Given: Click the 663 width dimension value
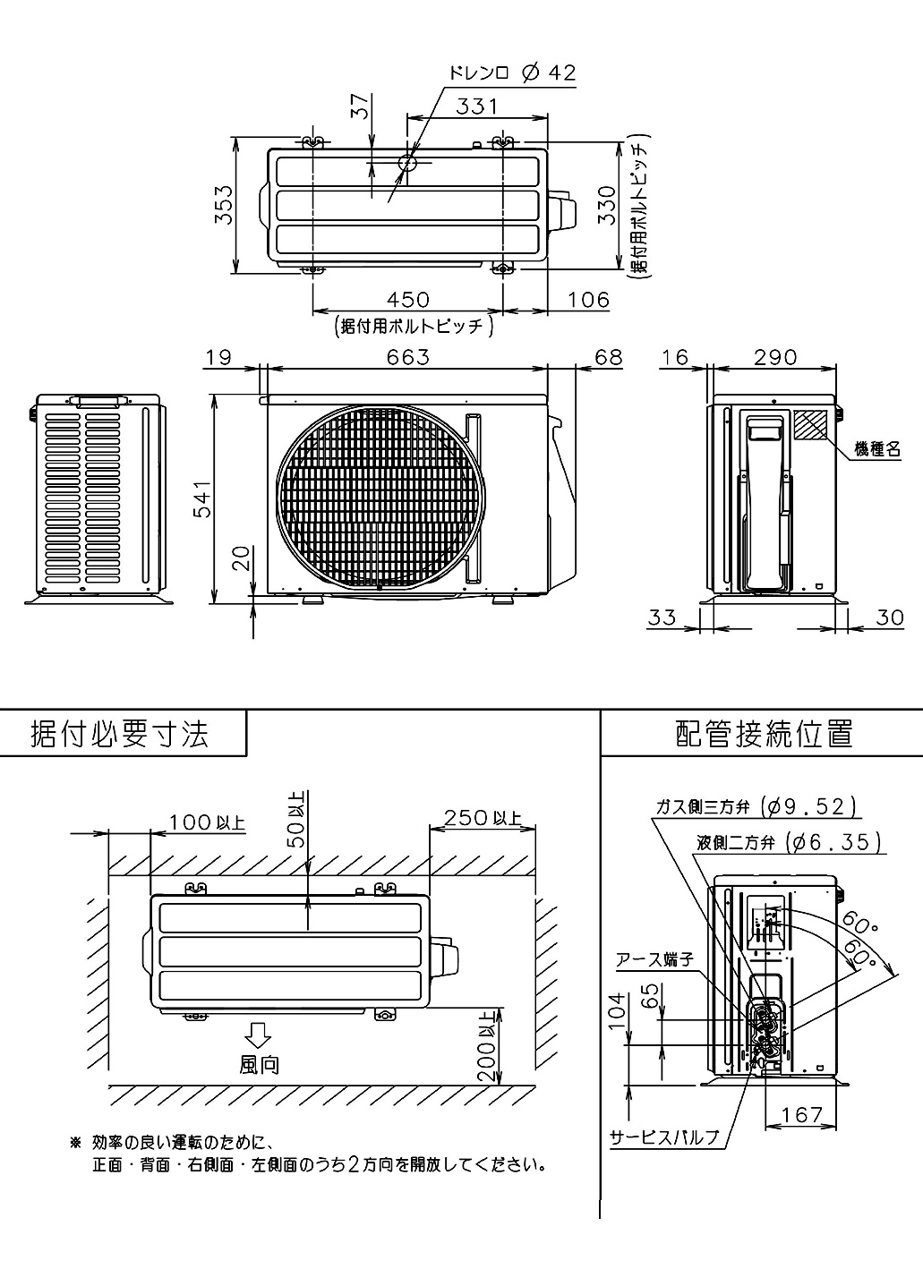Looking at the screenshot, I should [x=408, y=356].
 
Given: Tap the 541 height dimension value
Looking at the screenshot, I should [x=203, y=499].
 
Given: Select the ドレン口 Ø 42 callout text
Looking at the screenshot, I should [x=512, y=73].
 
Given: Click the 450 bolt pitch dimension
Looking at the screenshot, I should [x=408, y=299].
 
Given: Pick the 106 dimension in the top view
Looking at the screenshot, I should [x=588, y=299].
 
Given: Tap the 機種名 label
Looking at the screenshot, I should [x=876, y=449].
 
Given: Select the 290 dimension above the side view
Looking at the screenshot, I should [x=774, y=356].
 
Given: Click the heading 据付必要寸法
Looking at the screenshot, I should [x=120, y=734].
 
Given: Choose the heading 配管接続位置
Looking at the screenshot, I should [x=764, y=734].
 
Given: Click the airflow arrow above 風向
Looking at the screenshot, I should [x=259, y=1035].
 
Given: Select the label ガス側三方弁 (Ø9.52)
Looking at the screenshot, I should [x=756, y=806].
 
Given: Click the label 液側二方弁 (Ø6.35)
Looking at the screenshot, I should [x=789, y=842].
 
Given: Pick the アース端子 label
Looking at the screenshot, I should [x=654, y=959].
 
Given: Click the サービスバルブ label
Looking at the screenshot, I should [x=664, y=1137].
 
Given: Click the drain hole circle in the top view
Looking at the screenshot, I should [x=407, y=163].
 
